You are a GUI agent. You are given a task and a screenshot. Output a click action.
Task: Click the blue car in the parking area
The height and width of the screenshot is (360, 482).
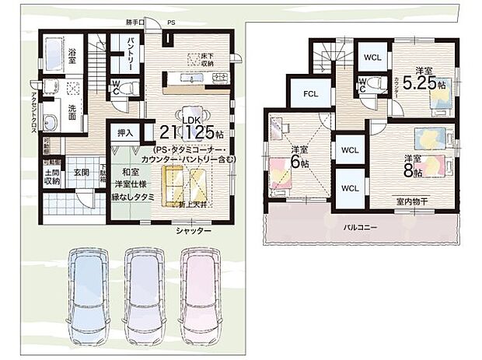(90, 295)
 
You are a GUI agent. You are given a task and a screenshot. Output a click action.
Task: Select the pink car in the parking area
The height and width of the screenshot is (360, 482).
(202, 295)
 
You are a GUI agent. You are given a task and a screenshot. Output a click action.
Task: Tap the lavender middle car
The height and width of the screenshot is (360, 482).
(146, 295)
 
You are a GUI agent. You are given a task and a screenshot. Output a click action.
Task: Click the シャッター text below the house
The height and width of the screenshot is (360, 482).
(194, 231)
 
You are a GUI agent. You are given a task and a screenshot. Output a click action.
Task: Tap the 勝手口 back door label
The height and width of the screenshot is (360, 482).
(137, 23)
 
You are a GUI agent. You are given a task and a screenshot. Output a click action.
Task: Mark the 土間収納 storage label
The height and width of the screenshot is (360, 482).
(53, 177)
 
